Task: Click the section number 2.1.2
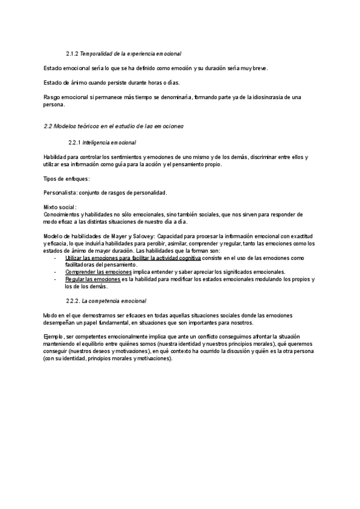(x=71, y=54)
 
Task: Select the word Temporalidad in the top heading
(x=97, y=54)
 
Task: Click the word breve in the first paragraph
(x=259, y=68)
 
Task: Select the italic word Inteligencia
(x=97, y=143)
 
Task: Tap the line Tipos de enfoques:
(x=67, y=178)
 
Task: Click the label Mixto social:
(x=59, y=207)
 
